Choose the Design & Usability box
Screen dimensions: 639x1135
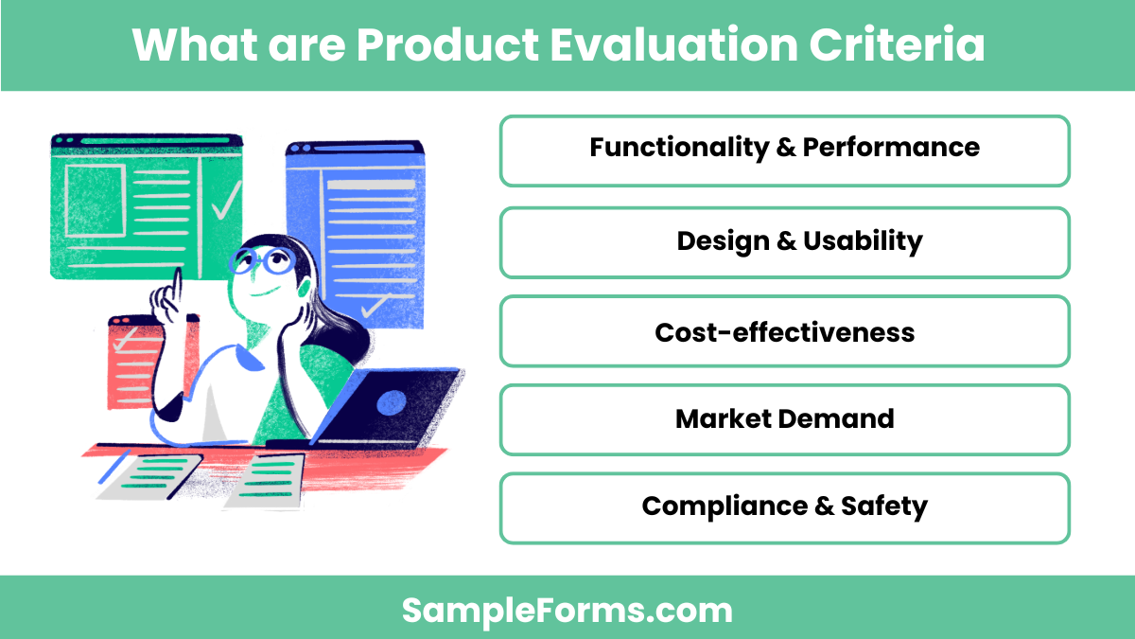[x=784, y=242]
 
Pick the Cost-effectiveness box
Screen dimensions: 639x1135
[x=784, y=331]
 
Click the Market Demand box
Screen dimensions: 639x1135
[x=784, y=419]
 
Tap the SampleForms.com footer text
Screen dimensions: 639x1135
[x=567, y=610]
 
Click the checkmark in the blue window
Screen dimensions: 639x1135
[x=375, y=306]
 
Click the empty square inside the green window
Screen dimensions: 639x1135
[x=95, y=201]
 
